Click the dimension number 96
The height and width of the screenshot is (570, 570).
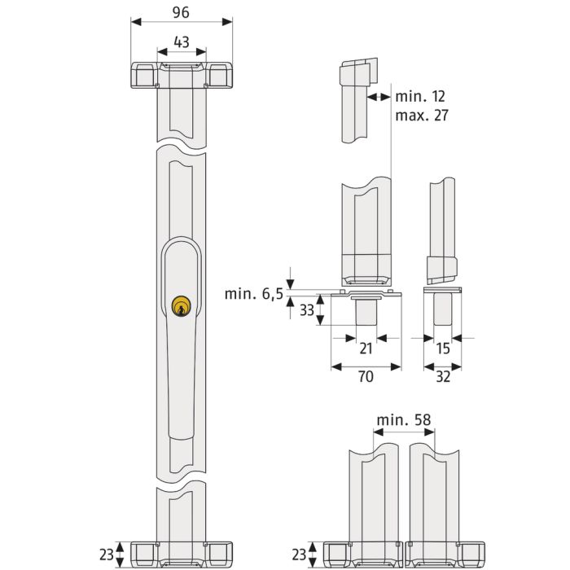(x=181, y=12)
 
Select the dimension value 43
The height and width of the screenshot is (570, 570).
(x=182, y=42)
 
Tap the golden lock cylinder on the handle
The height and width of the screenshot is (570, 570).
(x=181, y=306)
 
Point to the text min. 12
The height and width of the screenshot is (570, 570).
(x=420, y=96)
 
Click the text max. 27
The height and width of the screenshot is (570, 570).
(x=422, y=116)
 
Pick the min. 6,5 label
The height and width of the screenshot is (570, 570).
(x=254, y=294)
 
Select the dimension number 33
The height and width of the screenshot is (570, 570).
(x=307, y=310)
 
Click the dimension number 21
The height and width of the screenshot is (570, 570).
(x=366, y=349)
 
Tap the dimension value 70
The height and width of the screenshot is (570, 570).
(x=366, y=376)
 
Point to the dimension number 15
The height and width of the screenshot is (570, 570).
(x=443, y=349)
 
